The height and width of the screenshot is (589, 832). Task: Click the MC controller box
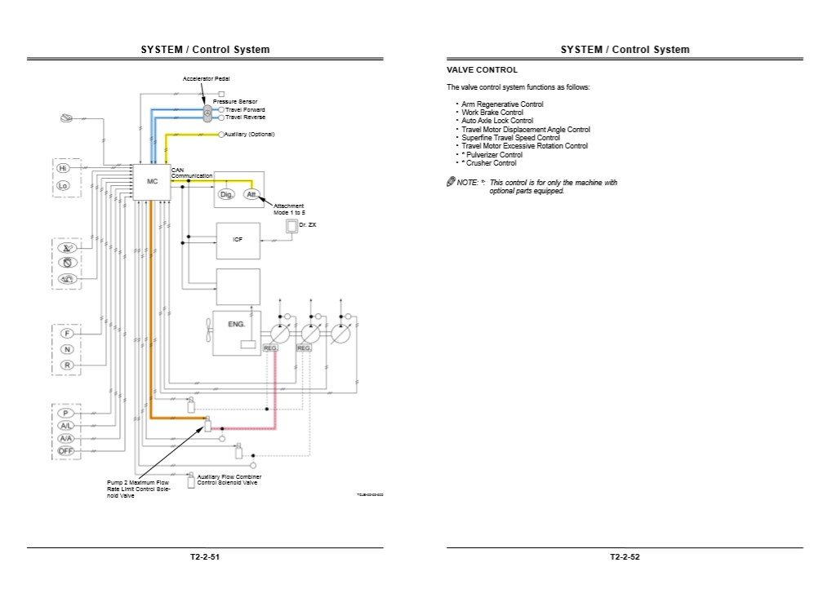point(152,182)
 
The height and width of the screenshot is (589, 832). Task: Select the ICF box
point(238,240)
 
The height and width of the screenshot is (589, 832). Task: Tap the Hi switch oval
point(64,168)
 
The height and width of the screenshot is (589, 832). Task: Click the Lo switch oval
point(64,186)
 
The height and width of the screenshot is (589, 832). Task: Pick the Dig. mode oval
point(227,194)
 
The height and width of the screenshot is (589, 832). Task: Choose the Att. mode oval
point(251,194)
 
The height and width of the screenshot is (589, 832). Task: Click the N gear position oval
point(67,349)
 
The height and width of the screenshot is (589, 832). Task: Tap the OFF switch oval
point(66,450)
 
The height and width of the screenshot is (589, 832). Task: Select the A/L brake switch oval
point(66,425)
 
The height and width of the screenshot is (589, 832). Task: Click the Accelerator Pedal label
point(206,78)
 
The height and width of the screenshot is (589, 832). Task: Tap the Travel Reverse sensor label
point(245,117)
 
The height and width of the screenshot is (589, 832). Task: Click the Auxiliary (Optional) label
point(250,134)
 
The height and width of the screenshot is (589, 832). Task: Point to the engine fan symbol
point(208,330)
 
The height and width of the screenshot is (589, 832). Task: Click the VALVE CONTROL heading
point(482,70)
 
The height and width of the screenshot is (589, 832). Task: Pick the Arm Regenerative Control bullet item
point(502,104)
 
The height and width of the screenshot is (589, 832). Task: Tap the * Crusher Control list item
point(489,163)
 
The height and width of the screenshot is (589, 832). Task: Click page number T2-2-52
point(625,557)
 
